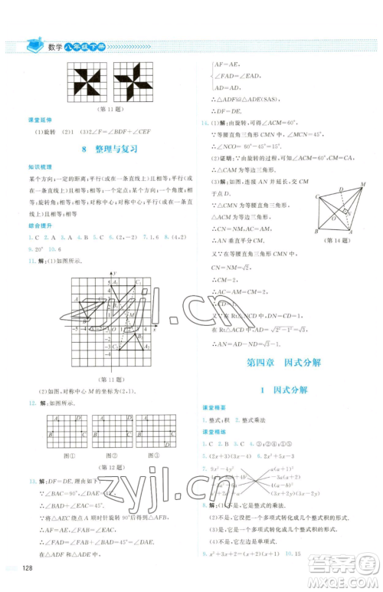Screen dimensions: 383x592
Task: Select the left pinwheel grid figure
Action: pos(90,79)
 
